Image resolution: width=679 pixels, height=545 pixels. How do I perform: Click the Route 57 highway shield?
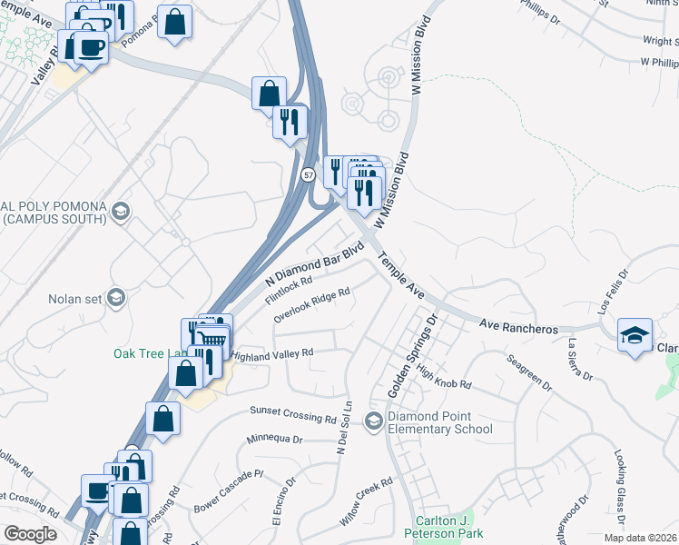(309, 173)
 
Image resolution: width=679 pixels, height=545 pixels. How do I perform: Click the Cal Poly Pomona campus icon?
(119, 213)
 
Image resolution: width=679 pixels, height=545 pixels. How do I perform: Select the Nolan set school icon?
(115, 298)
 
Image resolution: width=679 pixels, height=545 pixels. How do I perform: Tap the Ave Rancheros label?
(517, 327)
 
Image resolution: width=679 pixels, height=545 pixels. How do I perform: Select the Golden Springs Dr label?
(413, 356)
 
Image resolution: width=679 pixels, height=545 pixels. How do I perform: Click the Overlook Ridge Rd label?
(311, 306)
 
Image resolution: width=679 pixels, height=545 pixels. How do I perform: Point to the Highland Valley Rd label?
(272, 354)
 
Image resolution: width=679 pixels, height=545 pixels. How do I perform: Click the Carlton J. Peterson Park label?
(445, 528)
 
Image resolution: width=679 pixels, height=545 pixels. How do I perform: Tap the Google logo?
(31, 534)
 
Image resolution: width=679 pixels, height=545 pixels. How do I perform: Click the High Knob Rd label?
(445, 378)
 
